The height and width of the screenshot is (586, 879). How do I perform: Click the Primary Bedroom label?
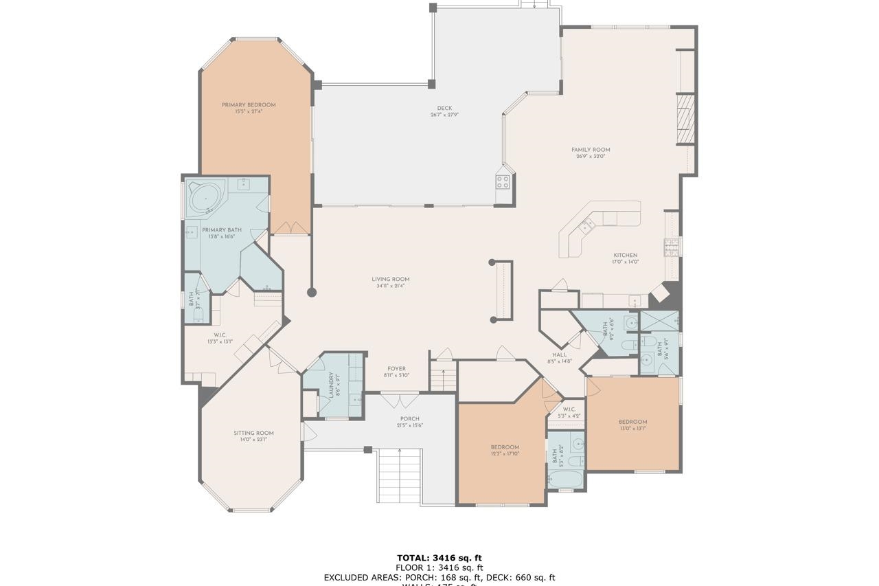(x=248, y=108)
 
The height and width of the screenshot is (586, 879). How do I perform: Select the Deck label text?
(x=444, y=111)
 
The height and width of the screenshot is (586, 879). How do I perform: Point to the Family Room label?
(x=591, y=153)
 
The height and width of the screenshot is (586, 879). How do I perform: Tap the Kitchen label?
(x=625, y=258)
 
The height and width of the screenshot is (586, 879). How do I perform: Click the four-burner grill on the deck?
(x=503, y=181)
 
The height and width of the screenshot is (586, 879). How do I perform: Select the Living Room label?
(x=391, y=282)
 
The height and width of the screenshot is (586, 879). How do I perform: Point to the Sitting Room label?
(x=253, y=436)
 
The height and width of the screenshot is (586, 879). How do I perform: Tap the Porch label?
(x=409, y=422)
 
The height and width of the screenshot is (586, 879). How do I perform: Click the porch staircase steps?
(x=399, y=475)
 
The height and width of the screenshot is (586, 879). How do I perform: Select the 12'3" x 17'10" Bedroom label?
(x=505, y=450)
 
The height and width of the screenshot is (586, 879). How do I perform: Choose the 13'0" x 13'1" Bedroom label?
(x=632, y=425)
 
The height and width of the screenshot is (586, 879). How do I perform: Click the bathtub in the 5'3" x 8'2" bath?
(x=565, y=479)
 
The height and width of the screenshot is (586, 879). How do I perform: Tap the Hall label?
(x=560, y=358)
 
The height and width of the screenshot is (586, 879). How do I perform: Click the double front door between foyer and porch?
(x=400, y=399)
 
